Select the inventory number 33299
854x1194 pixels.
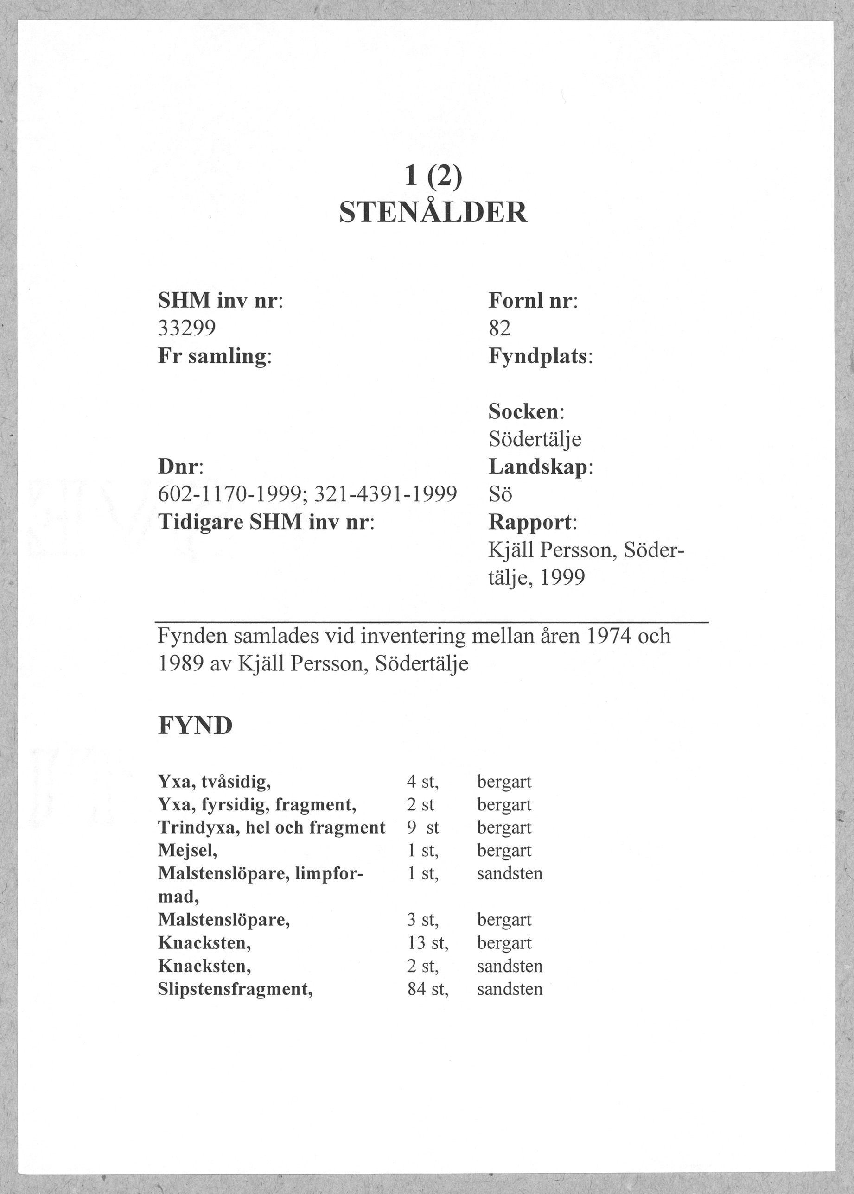(187, 329)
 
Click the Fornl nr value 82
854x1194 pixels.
(500, 329)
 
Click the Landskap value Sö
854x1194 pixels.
(500, 494)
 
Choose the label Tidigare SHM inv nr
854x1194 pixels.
(266, 522)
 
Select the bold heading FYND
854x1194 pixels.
(195, 726)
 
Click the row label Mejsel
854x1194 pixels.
(187, 850)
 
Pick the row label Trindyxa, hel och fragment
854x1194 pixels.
(272, 827)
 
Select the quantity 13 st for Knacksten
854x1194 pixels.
(427, 943)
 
